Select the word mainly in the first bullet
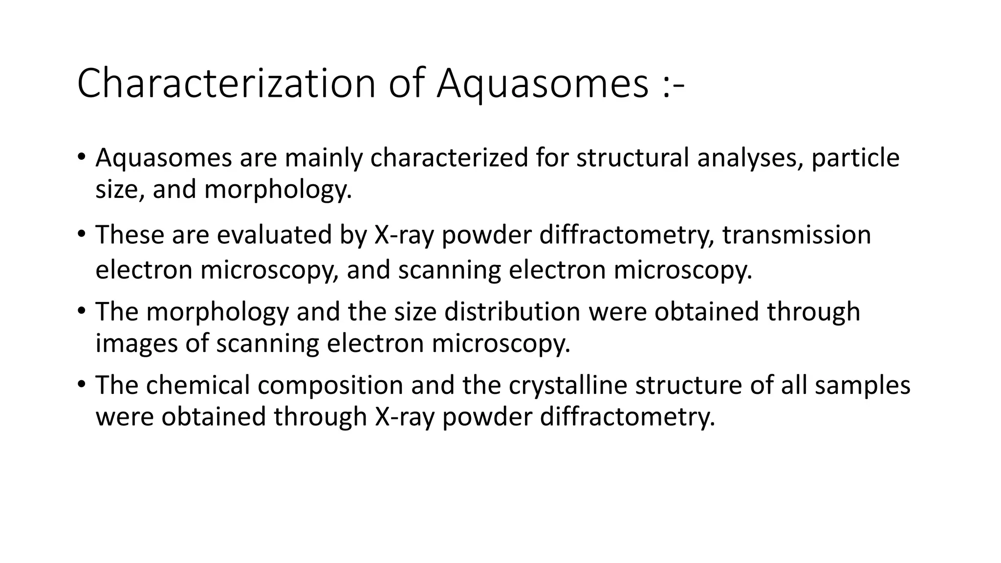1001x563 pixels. click(x=323, y=158)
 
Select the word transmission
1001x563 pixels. click(x=797, y=235)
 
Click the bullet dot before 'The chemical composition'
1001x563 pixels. click(x=81, y=383)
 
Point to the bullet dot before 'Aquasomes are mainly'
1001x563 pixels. click(x=81, y=156)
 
